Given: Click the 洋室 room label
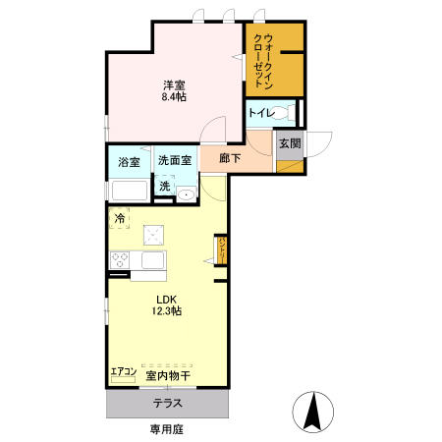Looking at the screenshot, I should [x=175, y=85].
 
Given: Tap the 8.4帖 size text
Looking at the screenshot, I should [x=175, y=98].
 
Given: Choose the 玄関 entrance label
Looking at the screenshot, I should [x=290, y=143].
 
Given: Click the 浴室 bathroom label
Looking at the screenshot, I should [x=130, y=162].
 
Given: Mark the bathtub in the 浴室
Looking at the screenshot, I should [x=129, y=189].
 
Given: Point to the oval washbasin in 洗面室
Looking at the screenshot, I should [x=186, y=194].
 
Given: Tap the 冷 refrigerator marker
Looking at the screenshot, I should [x=120, y=218].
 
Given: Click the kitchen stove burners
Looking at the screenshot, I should [x=121, y=260].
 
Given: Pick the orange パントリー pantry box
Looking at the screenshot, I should [x=223, y=250].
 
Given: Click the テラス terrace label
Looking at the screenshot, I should [x=167, y=403].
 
